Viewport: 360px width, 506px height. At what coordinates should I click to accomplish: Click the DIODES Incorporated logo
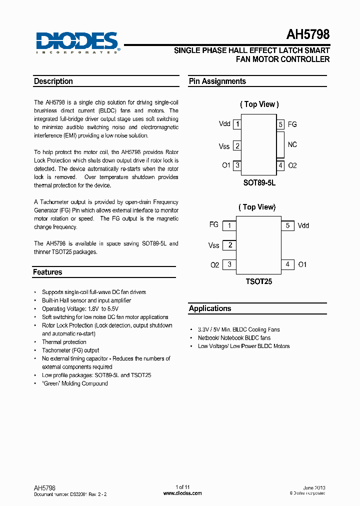pyautogui.click(x=76, y=42)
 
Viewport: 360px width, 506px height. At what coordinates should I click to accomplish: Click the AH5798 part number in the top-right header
pyautogui.click(x=307, y=35)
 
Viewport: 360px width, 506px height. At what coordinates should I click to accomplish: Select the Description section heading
pyautogui.click(x=53, y=81)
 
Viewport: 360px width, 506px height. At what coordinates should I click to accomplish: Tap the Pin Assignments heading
pyautogui.click(x=217, y=81)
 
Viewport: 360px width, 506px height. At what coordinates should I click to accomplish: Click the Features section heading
pyautogui.click(x=47, y=272)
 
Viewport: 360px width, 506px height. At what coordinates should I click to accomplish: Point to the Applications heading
pyautogui.click(x=210, y=308)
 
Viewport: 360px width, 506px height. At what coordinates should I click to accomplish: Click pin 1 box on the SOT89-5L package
pyautogui.click(x=237, y=124)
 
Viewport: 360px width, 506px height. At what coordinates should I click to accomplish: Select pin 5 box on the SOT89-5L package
pyautogui.click(x=280, y=124)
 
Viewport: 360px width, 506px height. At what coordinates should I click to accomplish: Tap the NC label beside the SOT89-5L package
pyautogui.click(x=292, y=144)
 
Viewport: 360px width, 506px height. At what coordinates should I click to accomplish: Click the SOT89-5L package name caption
pyautogui.click(x=259, y=182)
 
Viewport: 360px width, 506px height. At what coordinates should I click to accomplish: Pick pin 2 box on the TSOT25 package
pyautogui.click(x=229, y=245)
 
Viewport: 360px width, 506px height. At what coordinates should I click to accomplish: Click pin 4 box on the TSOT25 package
pyautogui.click(x=287, y=264)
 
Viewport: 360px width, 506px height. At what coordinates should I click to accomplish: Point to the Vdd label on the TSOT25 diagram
pyautogui.click(x=303, y=225)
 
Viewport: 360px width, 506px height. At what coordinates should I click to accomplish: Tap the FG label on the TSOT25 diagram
pyautogui.click(x=214, y=225)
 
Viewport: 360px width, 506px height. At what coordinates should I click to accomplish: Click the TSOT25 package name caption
pyautogui.click(x=258, y=281)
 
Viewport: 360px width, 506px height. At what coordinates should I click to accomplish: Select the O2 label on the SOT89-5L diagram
pyautogui.click(x=292, y=165)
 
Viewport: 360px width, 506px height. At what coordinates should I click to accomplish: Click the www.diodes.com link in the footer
pyautogui.click(x=182, y=493)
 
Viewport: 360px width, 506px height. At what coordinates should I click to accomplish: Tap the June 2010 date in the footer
pyautogui.click(x=314, y=487)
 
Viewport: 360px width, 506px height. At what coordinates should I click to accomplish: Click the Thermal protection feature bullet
pyautogui.click(x=64, y=342)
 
